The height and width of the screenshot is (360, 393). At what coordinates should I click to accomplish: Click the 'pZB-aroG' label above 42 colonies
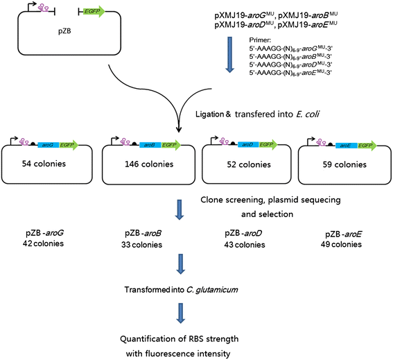(x=39, y=232)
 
